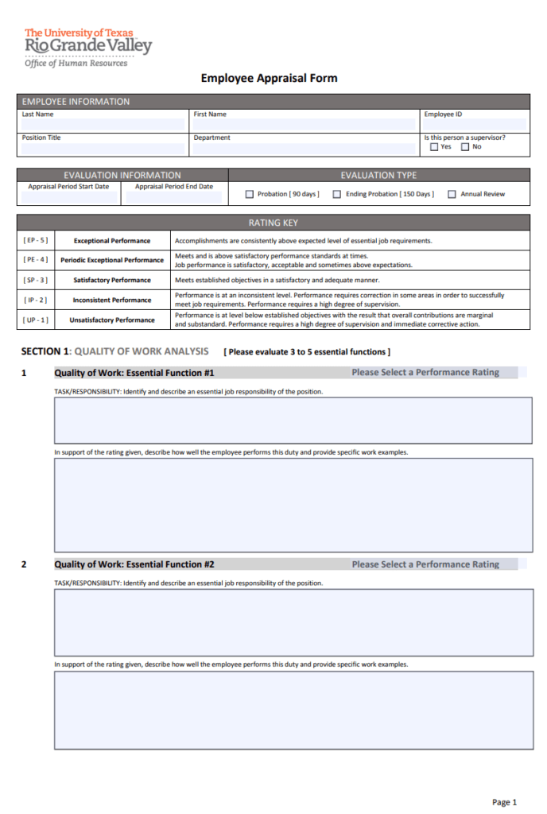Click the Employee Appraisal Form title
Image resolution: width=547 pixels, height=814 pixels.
click(269, 78)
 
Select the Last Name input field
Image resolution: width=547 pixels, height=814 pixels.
click(103, 125)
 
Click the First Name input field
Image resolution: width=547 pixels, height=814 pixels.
click(304, 125)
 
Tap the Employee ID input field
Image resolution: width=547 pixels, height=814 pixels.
click(475, 125)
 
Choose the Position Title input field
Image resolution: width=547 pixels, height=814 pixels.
click(103, 149)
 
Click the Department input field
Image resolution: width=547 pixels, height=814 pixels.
click(304, 149)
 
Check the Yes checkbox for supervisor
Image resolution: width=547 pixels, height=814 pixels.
click(433, 147)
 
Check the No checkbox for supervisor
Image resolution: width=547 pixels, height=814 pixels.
click(465, 147)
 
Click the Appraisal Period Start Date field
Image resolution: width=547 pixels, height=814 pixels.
click(68, 198)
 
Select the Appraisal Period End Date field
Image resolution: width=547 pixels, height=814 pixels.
click(174, 198)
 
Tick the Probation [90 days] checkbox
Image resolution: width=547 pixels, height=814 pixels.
click(250, 194)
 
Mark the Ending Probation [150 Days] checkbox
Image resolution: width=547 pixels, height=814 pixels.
click(337, 194)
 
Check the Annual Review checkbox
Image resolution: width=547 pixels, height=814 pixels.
click(452, 194)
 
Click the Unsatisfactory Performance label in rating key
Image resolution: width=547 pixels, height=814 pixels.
click(111, 320)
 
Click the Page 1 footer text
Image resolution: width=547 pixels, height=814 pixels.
click(504, 802)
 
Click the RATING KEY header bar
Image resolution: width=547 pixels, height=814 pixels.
click(273, 223)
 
